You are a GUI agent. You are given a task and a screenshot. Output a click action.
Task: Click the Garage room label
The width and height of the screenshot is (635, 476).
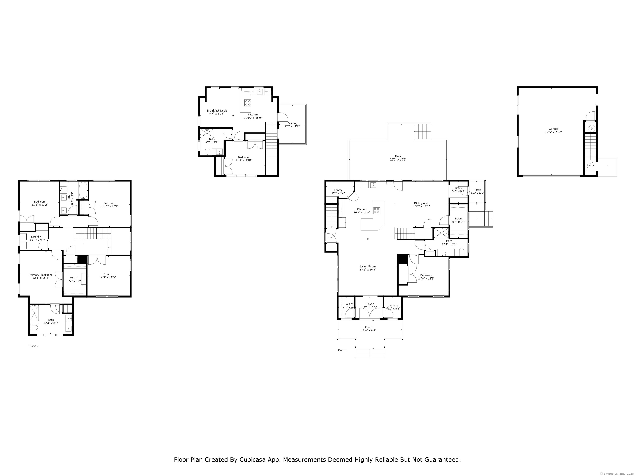click(554, 129)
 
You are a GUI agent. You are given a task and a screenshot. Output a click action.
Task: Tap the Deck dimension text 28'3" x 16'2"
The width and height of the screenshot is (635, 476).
click(398, 159)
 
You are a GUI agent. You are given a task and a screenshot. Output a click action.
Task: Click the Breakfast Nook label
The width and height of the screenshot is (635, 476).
click(217, 111)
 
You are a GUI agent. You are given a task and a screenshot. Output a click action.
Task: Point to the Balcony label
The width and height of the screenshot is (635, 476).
click(292, 123)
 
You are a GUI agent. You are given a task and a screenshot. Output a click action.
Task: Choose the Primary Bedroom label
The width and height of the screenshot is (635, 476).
click(41, 275)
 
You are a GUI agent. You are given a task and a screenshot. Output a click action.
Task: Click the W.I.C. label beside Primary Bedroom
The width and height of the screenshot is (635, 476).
click(74, 278)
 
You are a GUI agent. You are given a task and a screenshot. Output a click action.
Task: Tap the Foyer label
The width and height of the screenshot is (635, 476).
click(370, 304)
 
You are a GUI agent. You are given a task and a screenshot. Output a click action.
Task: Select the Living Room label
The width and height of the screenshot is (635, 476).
click(368, 267)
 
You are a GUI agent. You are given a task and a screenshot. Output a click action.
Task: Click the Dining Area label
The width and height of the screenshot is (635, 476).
click(421, 203)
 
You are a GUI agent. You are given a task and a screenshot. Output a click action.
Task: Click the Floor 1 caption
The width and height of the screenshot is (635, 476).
click(343, 350)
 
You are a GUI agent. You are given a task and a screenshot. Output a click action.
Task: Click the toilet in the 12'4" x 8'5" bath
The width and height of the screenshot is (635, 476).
click(34, 328)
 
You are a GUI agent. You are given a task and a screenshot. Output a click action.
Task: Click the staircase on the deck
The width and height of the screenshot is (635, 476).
click(422, 132)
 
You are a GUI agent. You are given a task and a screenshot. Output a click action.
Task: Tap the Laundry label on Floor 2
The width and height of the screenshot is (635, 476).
click(36, 237)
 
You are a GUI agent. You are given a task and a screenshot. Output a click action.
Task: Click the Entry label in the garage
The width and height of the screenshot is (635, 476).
click(591, 165)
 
